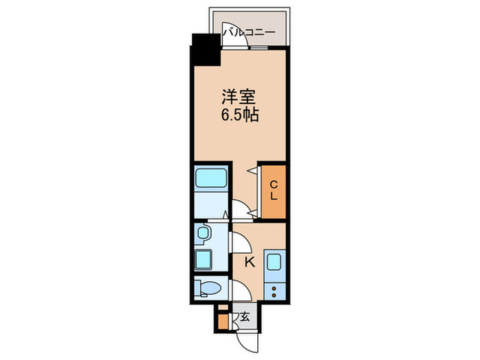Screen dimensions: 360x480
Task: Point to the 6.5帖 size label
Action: tap(239, 115)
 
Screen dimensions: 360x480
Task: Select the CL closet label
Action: tap(273, 190)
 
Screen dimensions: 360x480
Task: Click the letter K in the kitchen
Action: tap(250, 261)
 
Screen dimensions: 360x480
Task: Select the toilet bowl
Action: tap(207, 288)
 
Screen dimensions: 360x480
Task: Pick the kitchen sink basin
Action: tap(274, 261)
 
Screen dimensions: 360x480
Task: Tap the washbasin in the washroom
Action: tap(203, 235)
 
